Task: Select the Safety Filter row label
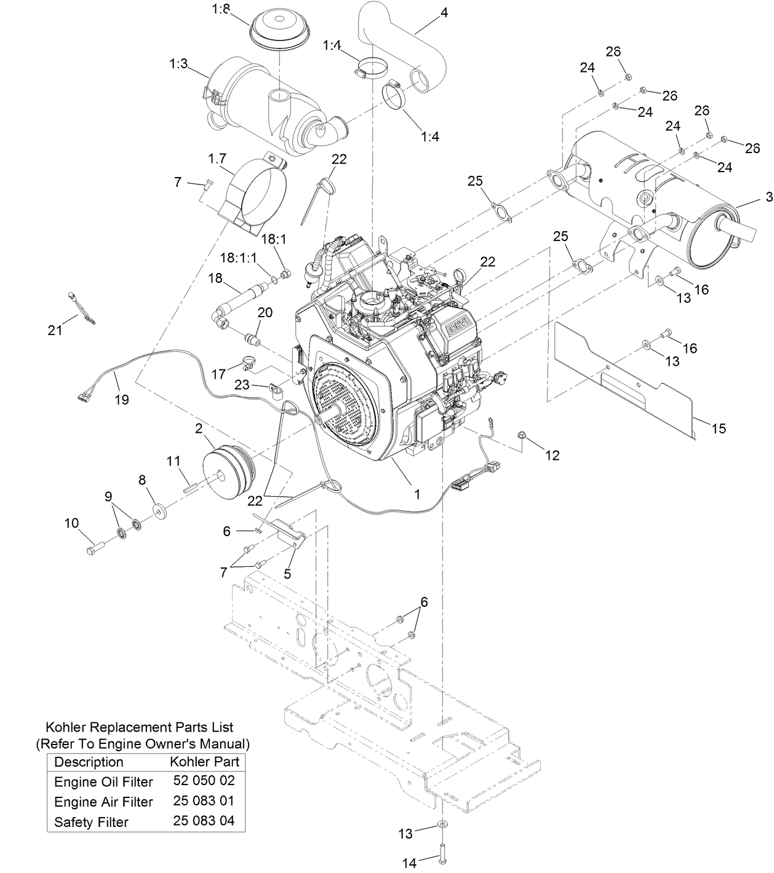91,822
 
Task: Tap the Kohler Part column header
204,762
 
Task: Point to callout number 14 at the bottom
409,863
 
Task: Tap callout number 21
55,330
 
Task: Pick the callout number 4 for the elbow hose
444,12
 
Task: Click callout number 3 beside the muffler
768,197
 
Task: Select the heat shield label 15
719,429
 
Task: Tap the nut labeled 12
523,437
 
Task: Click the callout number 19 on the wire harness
121,400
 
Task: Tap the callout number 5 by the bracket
287,574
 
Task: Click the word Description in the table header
89,762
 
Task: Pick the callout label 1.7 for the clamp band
217,159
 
